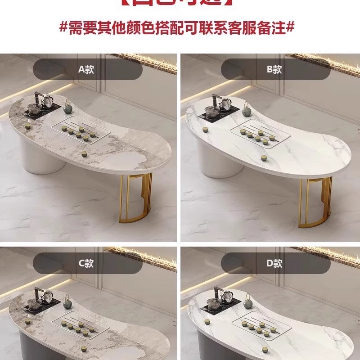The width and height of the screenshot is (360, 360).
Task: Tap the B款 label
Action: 274,69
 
